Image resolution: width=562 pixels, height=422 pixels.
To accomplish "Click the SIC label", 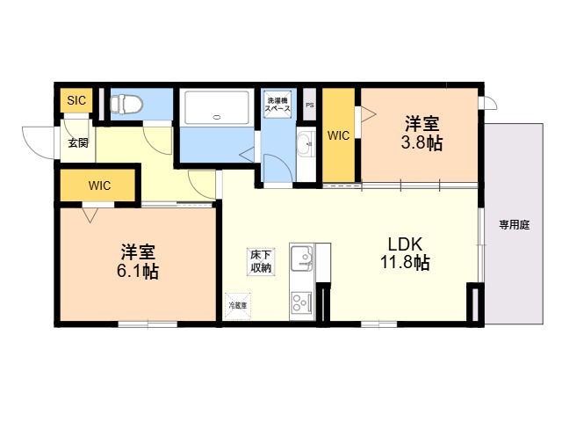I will (76, 100).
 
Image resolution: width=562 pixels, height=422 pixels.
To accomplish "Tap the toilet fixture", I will (126, 104).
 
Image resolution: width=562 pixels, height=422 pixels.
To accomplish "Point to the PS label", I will (309, 105).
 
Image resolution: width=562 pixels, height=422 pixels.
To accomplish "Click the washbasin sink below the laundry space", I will (305, 142).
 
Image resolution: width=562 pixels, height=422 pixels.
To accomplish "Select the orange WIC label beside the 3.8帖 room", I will (339, 135).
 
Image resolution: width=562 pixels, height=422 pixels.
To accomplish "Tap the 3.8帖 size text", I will (421, 142).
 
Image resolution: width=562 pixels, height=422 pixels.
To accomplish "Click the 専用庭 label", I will (515, 224).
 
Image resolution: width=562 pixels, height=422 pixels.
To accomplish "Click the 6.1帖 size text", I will (139, 271).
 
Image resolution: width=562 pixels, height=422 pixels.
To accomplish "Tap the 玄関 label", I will (77, 142).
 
